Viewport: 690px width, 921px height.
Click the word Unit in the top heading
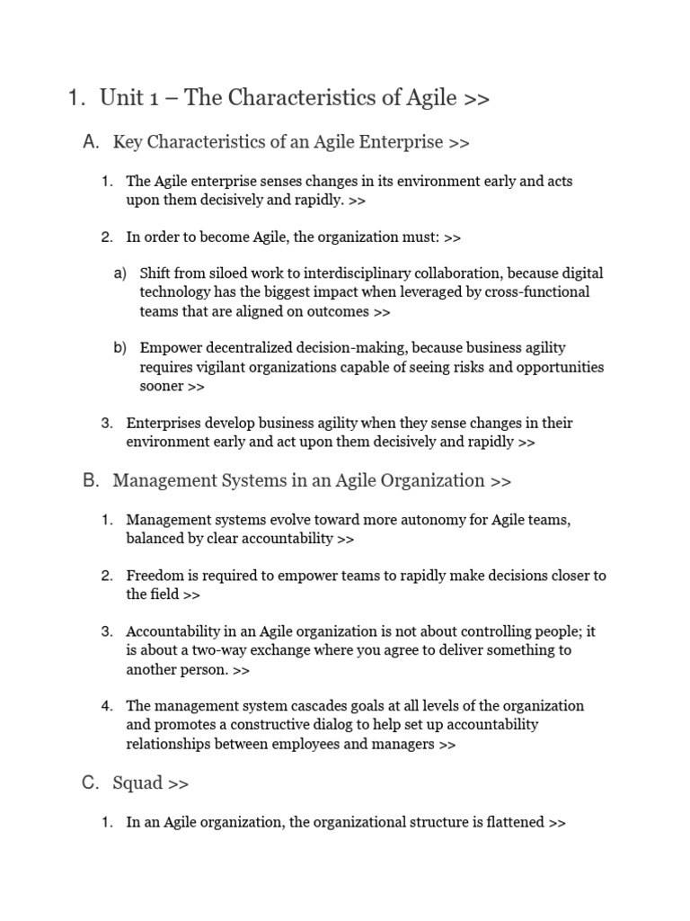click(x=121, y=98)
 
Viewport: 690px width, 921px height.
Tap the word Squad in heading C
click(x=137, y=783)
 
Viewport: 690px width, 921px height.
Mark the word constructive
click(x=262, y=725)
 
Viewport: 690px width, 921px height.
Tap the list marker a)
click(x=119, y=273)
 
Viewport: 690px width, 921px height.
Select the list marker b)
click(x=119, y=347)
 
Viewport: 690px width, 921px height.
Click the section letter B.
click(x=90, y=481)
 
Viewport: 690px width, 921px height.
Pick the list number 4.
click(x=107, y=705)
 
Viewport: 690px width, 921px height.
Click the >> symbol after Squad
click(x=178, y=783)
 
